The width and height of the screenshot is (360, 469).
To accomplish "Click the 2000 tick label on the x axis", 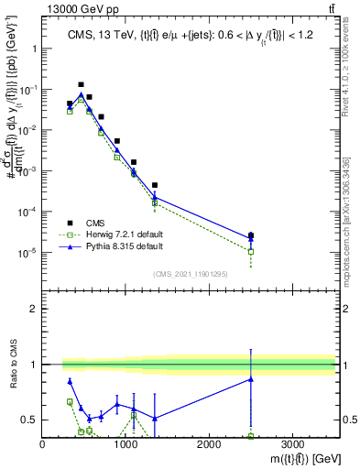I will [x=209, y=444].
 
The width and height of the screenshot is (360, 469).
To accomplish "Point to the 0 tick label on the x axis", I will [x=43, y=444].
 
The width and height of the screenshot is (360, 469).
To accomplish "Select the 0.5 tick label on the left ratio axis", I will [x=27, y=420].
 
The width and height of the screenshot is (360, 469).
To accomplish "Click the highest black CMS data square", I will [x=81, y=84].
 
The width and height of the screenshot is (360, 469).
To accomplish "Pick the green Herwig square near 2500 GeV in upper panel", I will [x=251, y=251].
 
